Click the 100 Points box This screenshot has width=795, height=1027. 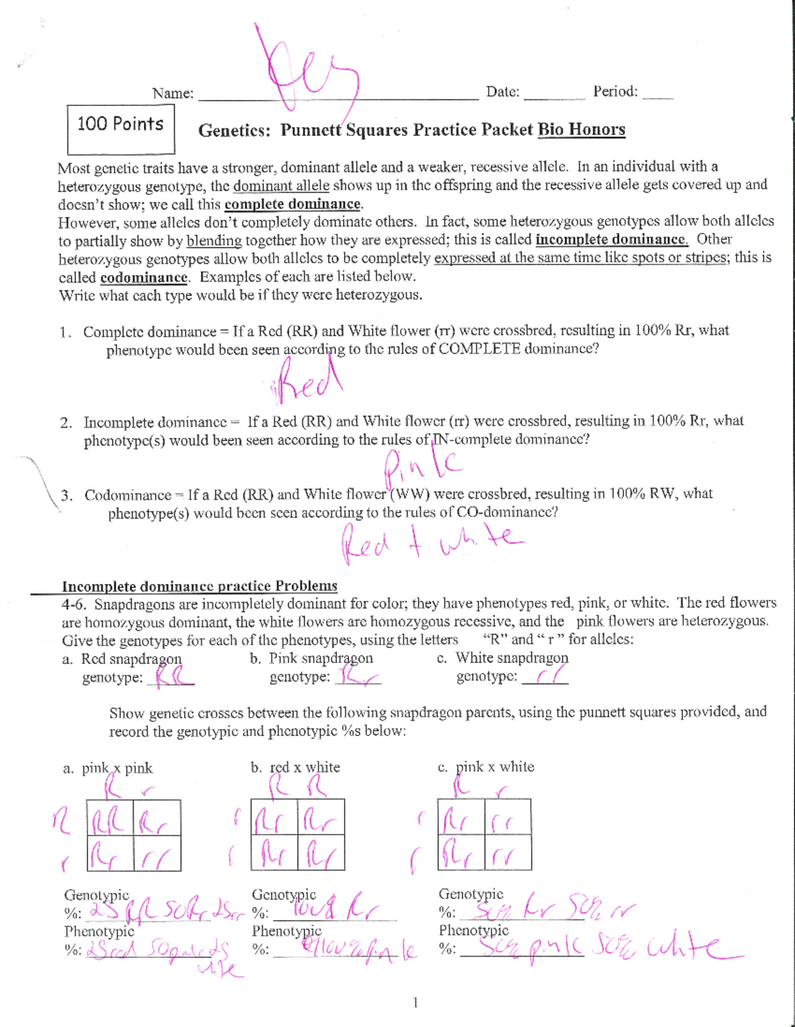121,129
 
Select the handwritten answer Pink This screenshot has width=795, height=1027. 422,465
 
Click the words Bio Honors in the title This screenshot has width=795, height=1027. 581,129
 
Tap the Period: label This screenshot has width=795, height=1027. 615,91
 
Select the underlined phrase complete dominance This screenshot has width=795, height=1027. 293,204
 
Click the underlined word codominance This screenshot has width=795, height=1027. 144,277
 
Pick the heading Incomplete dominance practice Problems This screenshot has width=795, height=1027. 199,586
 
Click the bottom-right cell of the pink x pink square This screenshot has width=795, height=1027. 157,853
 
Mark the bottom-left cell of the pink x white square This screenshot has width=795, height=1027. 461,853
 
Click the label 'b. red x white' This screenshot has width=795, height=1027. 295,767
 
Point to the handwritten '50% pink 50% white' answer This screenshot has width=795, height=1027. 600,949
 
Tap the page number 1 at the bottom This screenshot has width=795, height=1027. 415,1002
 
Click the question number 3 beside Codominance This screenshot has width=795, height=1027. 66,495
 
